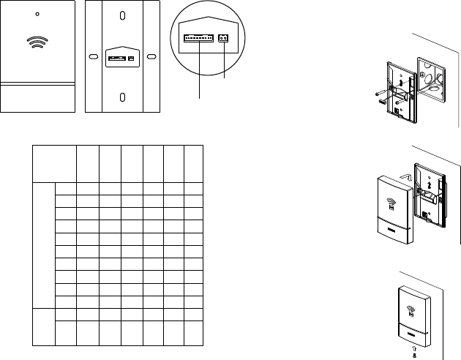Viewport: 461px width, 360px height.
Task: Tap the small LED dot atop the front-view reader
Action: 38,14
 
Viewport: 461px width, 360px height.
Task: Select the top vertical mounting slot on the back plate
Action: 122,15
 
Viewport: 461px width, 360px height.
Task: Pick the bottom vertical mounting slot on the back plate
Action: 122,97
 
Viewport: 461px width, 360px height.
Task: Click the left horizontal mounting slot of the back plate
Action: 93,56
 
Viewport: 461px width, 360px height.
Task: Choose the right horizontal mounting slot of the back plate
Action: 151,56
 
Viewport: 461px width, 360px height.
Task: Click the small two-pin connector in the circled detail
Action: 224,38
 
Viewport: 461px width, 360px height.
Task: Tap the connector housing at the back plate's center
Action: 122,56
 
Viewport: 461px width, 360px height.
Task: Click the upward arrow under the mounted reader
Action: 416,348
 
